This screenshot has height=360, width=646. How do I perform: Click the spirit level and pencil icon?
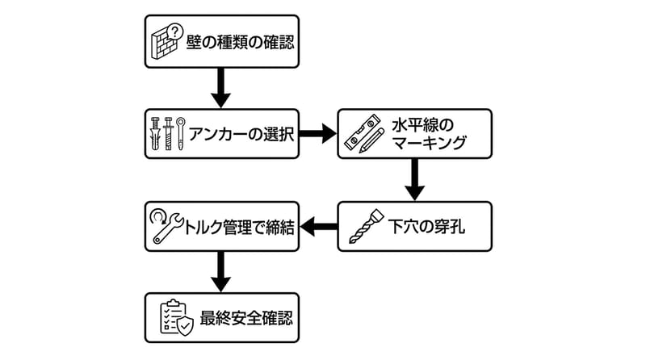tap(362, 134)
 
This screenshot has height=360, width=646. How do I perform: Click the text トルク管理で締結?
tap(237, 227)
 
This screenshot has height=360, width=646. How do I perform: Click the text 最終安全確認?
tap(237, 319)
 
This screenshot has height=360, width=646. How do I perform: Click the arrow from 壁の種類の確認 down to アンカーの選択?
tap(221, 87)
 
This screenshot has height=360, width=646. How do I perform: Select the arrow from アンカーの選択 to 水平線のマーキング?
tap(317, 133)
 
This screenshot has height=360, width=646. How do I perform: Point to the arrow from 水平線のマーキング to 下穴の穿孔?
tap(414, 179)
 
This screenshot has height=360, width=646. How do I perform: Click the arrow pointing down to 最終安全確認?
tap(221, 273)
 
